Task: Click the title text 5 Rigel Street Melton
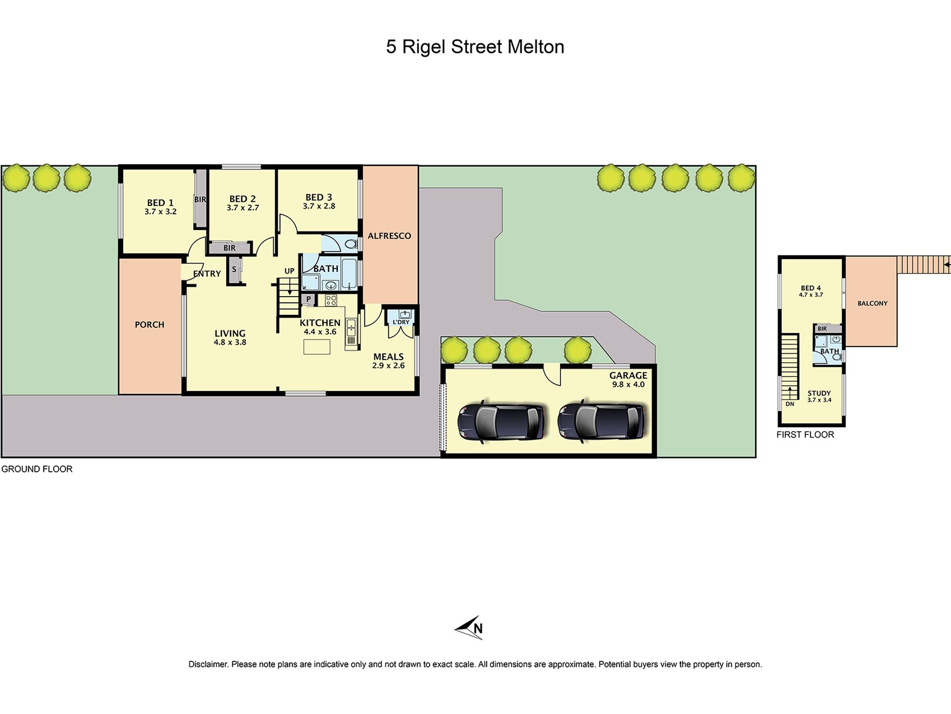pos(474,47)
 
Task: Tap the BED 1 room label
pos(160,202)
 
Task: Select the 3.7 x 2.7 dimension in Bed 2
pos(243,208)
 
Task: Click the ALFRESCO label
pos(389,236)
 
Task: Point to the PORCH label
pos(149,325)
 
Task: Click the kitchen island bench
pos(316,347)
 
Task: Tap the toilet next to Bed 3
pos(351,245)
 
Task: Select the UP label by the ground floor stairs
pos(289,271)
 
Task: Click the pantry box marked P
pos(308,300)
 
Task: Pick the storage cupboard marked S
pos(234,270)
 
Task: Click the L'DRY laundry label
pos(401,322)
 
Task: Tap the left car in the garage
pos(501,421)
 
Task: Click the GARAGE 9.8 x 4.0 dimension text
pos(628,385)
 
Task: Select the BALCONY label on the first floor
pos(872,304)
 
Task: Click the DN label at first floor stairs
pos(790,404)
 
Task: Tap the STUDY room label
pos(819,393)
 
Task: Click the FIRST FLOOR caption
pos(805,435)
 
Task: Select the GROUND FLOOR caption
pos(37,469)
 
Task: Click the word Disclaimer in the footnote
pos(208,664)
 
